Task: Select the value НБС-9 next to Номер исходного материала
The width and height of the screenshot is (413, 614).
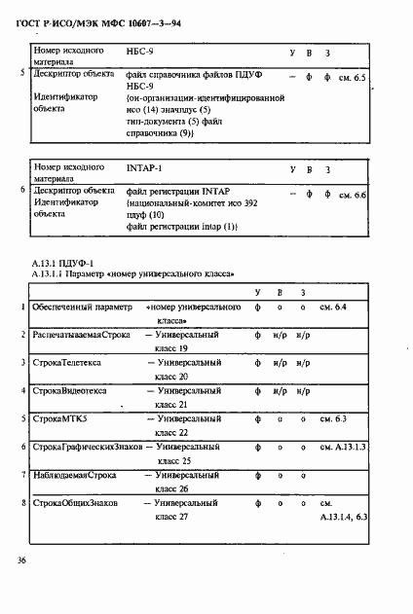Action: [143, 50]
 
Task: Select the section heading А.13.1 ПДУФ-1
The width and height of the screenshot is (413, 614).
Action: [62, 264]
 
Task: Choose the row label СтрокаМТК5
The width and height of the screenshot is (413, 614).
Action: [59, 418]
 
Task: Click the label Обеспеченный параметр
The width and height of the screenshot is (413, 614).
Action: [81, 307]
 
